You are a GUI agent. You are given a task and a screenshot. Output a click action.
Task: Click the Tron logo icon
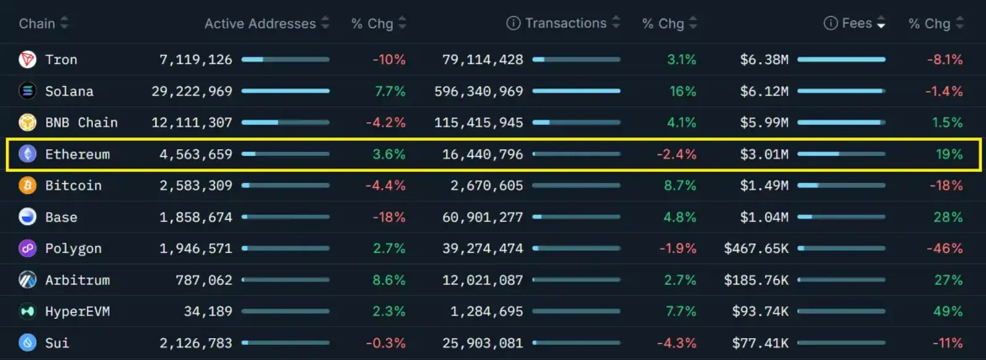coord(28,60)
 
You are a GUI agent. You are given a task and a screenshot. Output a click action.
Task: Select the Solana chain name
coord(69,91)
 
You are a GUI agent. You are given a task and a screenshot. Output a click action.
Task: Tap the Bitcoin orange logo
coord(28,185)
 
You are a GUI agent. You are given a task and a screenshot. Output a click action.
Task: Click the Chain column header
coord(37,24)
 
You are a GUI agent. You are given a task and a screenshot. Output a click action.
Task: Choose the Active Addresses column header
coord(260,24)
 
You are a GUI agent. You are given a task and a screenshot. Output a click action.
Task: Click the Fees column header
coord(856,24)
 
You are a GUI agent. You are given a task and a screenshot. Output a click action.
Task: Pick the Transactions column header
coord(565,24)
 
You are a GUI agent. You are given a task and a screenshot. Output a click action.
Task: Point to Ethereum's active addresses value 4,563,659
coord(196,154)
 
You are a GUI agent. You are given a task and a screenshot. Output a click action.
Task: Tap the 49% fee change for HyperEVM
coord(948,312)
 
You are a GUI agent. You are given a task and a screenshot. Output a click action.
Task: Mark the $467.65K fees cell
coord(756,249)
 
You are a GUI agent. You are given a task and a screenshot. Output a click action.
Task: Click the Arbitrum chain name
coord(78,280)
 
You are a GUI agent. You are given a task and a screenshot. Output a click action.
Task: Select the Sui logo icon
coord(28,343)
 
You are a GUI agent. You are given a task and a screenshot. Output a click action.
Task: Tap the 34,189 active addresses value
coord(208,312)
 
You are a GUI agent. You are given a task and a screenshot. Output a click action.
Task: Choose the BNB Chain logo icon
coord(28,122)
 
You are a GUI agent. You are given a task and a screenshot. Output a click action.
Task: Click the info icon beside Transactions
coord(513,24)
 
